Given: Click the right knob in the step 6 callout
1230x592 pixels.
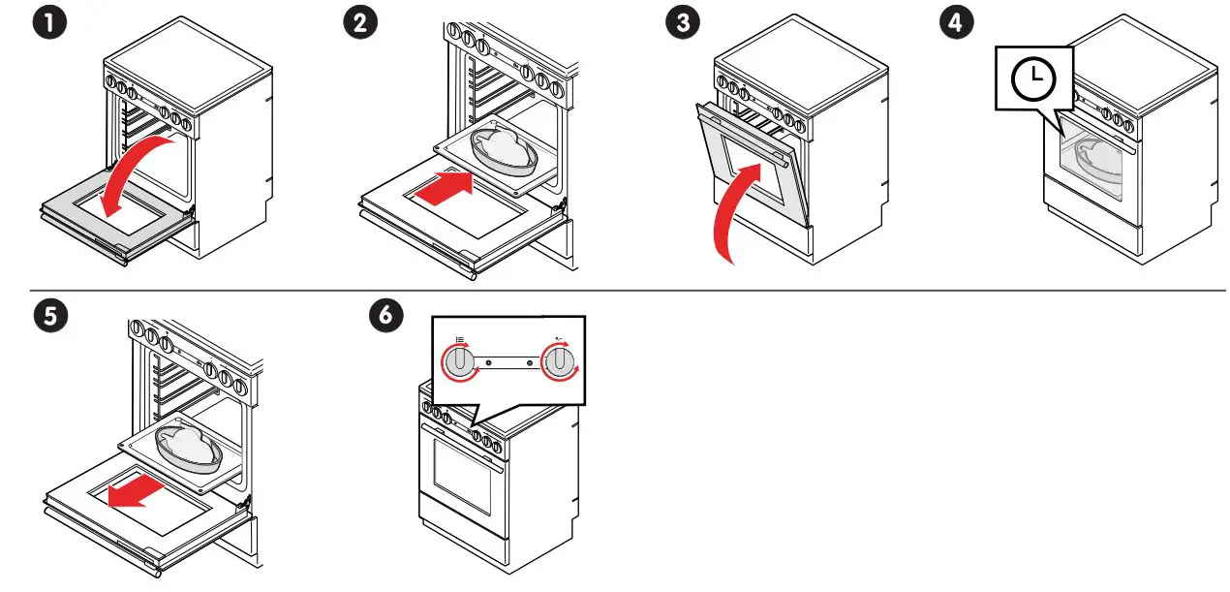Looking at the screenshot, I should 559,362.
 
